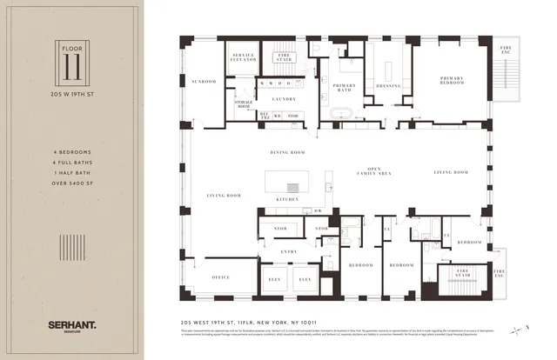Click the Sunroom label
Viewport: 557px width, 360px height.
pos(204,82)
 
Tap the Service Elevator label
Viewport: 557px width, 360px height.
pos(243,58)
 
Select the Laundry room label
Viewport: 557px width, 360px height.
pos(284,99)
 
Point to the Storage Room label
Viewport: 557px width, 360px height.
pos(243,104)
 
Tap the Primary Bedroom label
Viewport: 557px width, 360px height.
pos(455,77)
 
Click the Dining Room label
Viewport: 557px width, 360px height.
pos(286,153)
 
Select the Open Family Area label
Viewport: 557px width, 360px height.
pos(374,171)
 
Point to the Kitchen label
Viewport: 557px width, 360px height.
pos(287,199)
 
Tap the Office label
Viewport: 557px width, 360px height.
pos(220,277)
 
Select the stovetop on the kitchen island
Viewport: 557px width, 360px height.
pos(293,186)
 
